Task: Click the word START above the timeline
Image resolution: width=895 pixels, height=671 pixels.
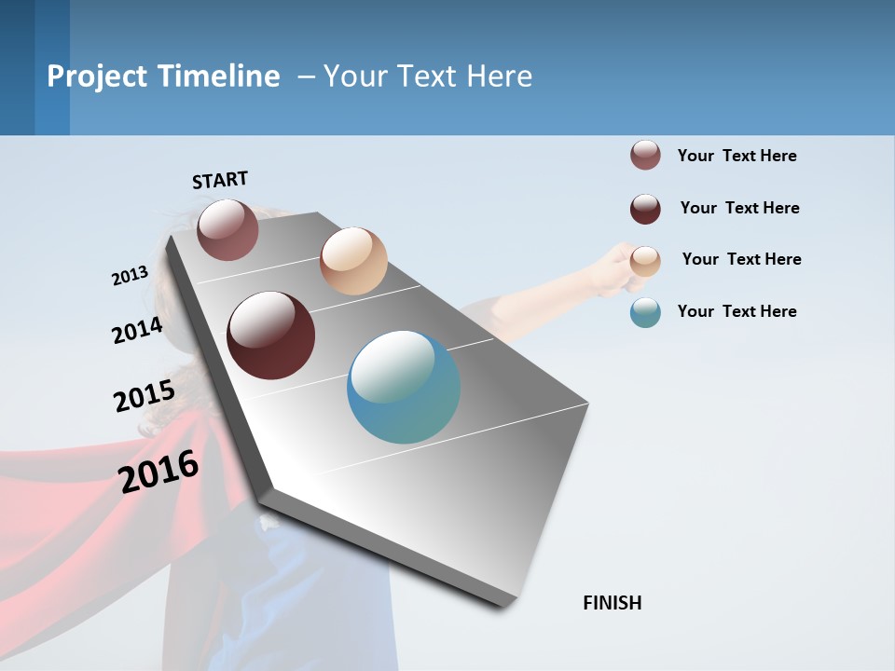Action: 220,180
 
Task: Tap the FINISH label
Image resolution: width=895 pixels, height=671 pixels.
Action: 613,603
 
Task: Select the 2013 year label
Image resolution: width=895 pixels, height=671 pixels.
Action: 130,276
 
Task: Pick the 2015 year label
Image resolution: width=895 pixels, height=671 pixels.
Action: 145,396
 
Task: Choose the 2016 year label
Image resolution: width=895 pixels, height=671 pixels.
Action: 159,471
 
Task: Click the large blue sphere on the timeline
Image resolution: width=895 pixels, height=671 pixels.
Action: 404,387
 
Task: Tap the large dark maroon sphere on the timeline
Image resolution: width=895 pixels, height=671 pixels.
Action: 271,335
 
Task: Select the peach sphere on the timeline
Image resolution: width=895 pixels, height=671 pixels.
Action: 353,261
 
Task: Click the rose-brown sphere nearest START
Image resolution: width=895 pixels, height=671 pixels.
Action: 227,229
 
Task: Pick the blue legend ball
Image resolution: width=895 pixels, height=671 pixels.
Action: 645,312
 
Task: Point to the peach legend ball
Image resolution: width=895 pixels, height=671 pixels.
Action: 645,261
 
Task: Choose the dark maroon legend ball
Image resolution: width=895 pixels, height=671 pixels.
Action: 645,209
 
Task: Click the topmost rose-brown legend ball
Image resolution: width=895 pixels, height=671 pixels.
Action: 645,156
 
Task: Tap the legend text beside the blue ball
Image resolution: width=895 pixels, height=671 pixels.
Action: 737,311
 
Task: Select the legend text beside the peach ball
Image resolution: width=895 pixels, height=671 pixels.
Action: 741,259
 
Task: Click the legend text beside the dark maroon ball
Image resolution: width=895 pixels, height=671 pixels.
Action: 739,208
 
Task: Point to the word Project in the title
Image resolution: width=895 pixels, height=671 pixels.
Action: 95,76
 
